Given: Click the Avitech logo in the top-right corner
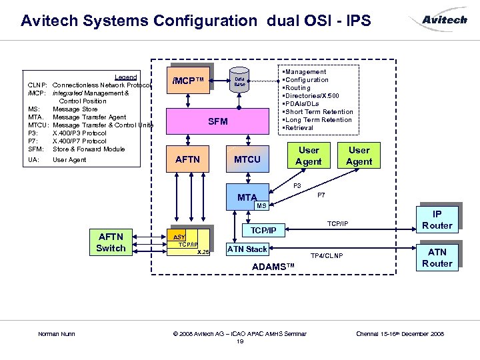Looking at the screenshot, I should (x=445, y=20).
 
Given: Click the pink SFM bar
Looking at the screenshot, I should (x=218, y=121).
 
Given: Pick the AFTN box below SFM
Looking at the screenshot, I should (x=187, y=160).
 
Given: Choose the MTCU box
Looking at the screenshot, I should (x=247, y=159).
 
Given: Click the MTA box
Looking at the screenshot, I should (x=247, y=197).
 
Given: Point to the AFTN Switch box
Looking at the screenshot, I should (x=111, y=243).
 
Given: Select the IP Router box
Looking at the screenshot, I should (x=437, y=220).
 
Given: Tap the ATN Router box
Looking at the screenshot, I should (x=437, y=257).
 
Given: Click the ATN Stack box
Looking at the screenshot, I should (x=247, y=249).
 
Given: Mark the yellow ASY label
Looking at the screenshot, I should (x=179, y=237).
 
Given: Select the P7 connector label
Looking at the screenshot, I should (x=321, y=195).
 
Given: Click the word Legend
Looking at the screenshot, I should (x=125, y=77).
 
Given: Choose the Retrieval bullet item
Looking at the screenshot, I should (x=299, y=128).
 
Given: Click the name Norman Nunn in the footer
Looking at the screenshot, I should (x=57, y=333).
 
